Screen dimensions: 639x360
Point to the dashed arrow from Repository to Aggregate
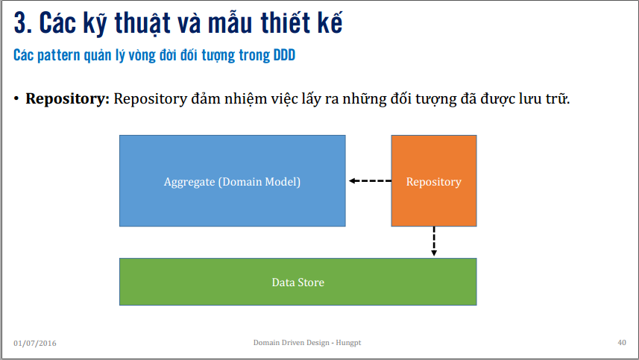[x=369, y=181]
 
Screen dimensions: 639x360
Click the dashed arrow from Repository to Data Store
[x=434, y=241]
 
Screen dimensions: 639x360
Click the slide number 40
[x=622, y=342]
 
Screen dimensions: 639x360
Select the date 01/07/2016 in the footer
[x=35, y=343]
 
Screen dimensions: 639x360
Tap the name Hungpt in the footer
[x=348, y=342]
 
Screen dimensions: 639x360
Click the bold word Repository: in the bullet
[x=68, y=99]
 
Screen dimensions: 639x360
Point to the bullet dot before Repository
[x=16, y=99]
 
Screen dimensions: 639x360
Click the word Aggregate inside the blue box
[x=189, y=181]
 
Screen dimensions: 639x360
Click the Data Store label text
[x=298, y=282]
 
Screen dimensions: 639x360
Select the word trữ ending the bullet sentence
[x=558, y=99]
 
